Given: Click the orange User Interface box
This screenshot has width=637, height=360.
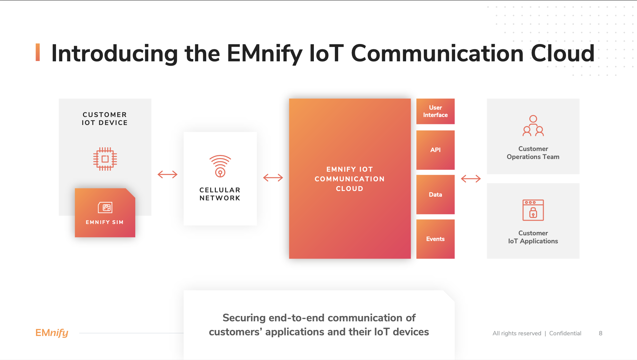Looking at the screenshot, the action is pyautogui.click(x=435, y=111).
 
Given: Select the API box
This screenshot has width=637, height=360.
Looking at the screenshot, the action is pyautogui.click(x=435, y=150).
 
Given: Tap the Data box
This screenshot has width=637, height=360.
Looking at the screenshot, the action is pyautogui.click(x=435, y=195).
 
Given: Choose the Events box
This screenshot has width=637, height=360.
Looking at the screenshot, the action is pyautogui.click(x=435, y=239).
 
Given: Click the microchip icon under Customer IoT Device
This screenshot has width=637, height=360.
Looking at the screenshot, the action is pyautogui.click(x=105, y=159).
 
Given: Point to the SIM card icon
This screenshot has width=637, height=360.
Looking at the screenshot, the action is pyautogui.click(x=105, y=207).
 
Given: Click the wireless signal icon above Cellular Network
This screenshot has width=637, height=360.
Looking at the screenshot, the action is pyautogui.click(x=220, y=166).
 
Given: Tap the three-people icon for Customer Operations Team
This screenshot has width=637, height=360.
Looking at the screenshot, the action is pyautogui.click(x=533, y=126).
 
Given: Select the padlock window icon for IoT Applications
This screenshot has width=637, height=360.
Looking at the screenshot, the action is pyautogui.click(x=533, y=210).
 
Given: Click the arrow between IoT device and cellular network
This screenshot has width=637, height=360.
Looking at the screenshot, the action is pyautogui.click(x=168, y=174).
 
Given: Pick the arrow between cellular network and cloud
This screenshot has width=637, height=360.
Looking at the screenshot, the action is pyautogui.click(x=273, y=178).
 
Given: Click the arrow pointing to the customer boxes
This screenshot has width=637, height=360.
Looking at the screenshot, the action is pyautogui.click(x=471, y=179).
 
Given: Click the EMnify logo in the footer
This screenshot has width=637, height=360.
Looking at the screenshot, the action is pyautogui.click(x=52, y=333).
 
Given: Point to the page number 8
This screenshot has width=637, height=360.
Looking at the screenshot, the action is pyautogui.click(x=600, y=333).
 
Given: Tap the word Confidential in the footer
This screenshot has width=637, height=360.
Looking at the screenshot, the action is pyautogui.click(x=565, y=333).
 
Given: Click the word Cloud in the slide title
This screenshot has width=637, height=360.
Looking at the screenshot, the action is pyautogui.click(x=562, y=53).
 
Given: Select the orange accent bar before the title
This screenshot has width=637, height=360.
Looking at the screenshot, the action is pyautogui.click(x=38, y=52).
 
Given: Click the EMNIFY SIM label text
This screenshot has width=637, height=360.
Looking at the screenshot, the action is pyautogui.click(x=105, y=222).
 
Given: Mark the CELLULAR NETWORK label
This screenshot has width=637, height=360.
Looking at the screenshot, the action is pyautogui.click(x=220, y=194).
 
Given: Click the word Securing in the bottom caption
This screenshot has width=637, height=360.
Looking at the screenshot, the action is pyautogui.click(x=244, y=318).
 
